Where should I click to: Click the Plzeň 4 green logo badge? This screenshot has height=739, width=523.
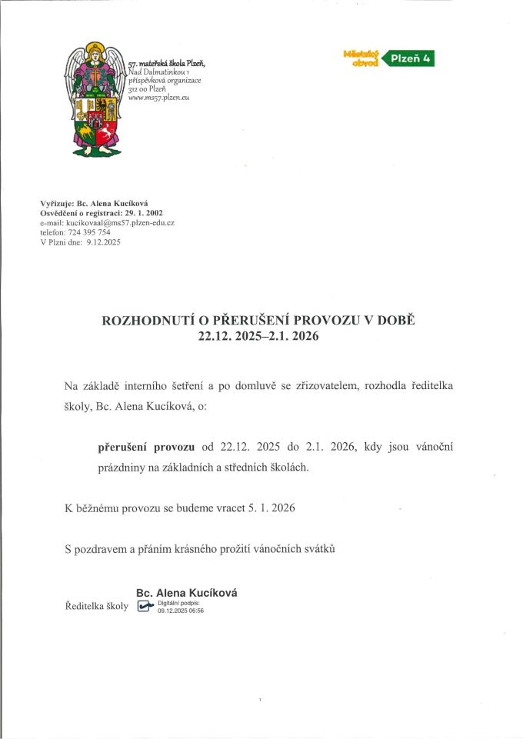(408, 58)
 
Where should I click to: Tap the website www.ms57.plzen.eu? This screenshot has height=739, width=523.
(158, 98)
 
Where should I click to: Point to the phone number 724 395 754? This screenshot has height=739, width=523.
(88, 231)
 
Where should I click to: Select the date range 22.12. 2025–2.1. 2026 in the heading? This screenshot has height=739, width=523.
(258, 337)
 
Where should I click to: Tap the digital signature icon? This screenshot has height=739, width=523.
(145, 606)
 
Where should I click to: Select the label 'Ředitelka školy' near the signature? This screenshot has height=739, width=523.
(96, 606)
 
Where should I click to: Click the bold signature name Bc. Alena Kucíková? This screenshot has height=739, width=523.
(186, 593)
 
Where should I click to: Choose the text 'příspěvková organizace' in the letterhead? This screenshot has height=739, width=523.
(165, 81)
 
